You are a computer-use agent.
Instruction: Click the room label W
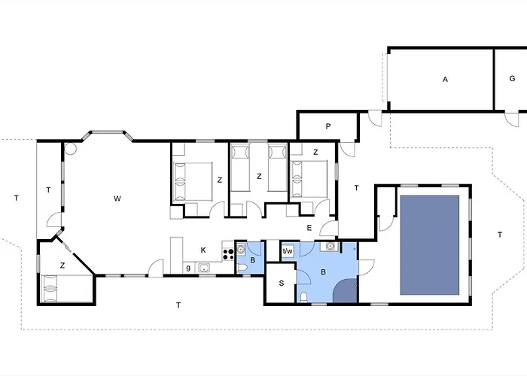pyautogui.click(x=117, y=199)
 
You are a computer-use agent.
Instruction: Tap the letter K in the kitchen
pyautogui.click(x=203, y=250)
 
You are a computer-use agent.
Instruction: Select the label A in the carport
pyautogui.click(x=446, y=80)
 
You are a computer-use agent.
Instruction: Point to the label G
pyautogui.click(x=512, y=78)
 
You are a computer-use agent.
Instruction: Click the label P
pyautogui.click(x=328, y=126)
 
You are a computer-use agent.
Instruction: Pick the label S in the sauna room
pyautogui.click(x=282, y=283)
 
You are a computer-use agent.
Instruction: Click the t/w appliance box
pyautogui.click(x=288, y=250)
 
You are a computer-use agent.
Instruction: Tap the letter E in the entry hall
pyautogui.click(x=309, y=228)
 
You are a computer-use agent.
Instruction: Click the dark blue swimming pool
pyautogui.click(x=430, y=245)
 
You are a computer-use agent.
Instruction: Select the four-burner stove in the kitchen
pyautogui.click(x=229, y=254)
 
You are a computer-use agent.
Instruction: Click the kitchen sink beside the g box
pyautogui.click(x=204, y=268)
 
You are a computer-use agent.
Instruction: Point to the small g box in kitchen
pyautogui.click(x=188, y=268)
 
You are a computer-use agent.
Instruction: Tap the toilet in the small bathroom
pyautogui.click(x=242, y=268)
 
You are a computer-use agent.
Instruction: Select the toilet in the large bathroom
pyautogui.click(x=304, y=297)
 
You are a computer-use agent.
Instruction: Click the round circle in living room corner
pyautogui.click(x=71, y=148)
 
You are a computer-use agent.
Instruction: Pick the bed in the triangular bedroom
pyautogui.click(x=66, y=289)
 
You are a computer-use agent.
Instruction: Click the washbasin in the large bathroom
pyautogui.click(x=331, y=247)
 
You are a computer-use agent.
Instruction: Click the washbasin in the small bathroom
pyautogui.click(x=242, y=250)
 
